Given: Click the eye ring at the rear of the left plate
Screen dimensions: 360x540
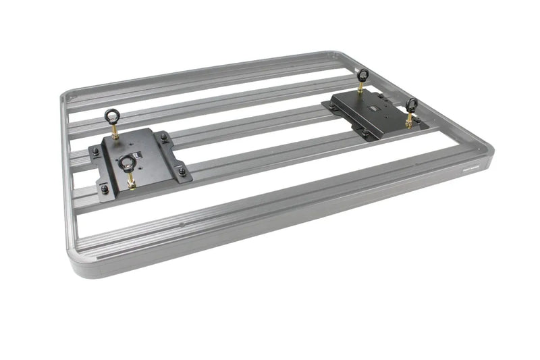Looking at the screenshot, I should (x=111, y=115).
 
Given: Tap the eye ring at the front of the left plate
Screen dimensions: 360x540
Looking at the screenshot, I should (x=126, y=162).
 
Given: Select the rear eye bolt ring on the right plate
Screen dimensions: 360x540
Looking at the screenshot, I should (x=362, y=74).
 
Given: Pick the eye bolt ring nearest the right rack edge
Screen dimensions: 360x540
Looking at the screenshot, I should (x=411, y=104).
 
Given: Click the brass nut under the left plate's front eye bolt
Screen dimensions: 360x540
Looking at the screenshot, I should (x=130, y=183).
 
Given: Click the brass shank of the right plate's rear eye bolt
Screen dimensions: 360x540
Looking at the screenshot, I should (x=361, y=89).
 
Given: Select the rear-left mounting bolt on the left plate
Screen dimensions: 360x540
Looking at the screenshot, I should (x=97, y=152).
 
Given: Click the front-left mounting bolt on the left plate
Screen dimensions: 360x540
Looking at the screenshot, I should (x=104, y=188).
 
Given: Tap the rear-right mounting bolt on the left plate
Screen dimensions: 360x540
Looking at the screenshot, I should (x=164, y=138).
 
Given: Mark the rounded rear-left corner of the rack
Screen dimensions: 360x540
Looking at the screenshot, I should (x=66, y=97).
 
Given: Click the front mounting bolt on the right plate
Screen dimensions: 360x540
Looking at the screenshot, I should (x=365, y=132).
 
